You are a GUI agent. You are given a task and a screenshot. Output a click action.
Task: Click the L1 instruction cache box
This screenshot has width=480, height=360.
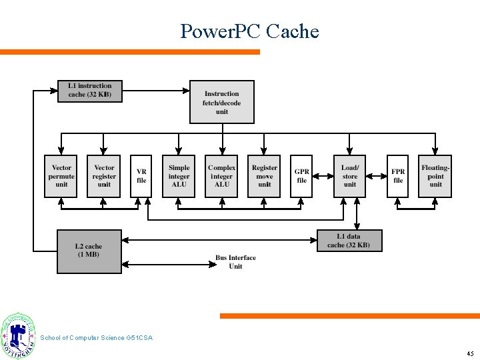[90, 91]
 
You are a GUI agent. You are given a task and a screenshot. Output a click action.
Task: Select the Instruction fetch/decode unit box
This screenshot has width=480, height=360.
[222, 103]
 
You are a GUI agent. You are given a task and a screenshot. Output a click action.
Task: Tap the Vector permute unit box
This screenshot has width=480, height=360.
[61, 176]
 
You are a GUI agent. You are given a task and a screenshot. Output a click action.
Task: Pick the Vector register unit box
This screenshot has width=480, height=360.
[104, 176]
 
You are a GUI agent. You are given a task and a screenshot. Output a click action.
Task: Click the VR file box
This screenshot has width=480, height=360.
[141, 176]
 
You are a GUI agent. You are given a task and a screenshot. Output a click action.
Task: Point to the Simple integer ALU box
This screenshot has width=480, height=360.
[179, 176]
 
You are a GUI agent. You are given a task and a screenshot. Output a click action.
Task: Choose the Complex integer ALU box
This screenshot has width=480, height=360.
[222, 176]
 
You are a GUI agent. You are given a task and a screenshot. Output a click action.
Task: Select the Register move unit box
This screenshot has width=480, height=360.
[265, 176]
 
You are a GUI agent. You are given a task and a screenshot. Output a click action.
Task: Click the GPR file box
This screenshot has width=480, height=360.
[301, 176]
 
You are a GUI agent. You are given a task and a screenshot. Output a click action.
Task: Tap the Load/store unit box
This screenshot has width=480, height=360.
[350, 176]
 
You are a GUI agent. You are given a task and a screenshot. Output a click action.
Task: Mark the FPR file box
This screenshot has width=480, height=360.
[398, 176]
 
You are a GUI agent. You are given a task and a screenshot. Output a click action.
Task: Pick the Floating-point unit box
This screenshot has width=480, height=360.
[435, 176]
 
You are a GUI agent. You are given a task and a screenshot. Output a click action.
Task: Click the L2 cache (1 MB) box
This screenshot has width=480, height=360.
[89, 251]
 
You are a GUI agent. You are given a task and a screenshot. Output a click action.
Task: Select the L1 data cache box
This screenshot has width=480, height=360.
[349, 241]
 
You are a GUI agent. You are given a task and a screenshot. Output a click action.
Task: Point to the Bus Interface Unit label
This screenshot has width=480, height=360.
[235, 262]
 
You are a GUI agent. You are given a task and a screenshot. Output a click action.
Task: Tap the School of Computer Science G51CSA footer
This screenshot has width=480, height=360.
[97, 338]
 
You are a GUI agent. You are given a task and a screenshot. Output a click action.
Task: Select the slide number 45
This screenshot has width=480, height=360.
[470, 353]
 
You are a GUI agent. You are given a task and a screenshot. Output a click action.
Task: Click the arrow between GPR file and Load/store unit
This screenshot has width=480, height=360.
[323, 176]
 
